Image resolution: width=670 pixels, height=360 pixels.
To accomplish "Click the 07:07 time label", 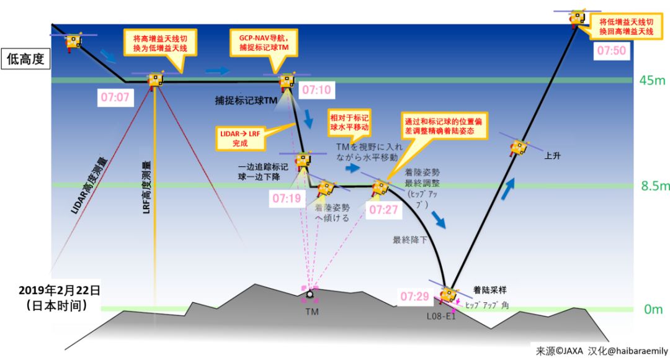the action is pos(114,97).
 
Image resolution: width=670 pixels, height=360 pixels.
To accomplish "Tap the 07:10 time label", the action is pos(316,91).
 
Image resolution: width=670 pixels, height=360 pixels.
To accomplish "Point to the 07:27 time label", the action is pos(383,210).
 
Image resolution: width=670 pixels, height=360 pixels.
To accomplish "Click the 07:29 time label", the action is pos(415,297).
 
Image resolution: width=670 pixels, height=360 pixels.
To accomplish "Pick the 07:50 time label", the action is pos(611,51).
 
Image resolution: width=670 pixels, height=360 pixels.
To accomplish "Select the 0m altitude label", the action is pos(653,309).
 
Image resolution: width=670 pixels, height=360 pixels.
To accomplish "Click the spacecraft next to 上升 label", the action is pos(517,147).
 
